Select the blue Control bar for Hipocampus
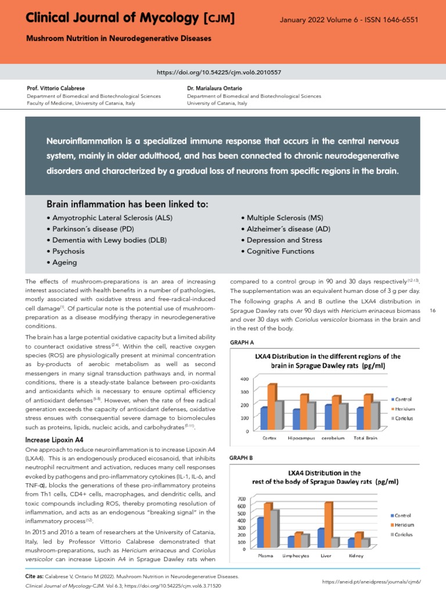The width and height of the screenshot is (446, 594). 297,419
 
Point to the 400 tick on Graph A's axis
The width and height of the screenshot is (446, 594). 244,379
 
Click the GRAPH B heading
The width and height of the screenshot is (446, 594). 241,458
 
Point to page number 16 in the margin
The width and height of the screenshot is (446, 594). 433,311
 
